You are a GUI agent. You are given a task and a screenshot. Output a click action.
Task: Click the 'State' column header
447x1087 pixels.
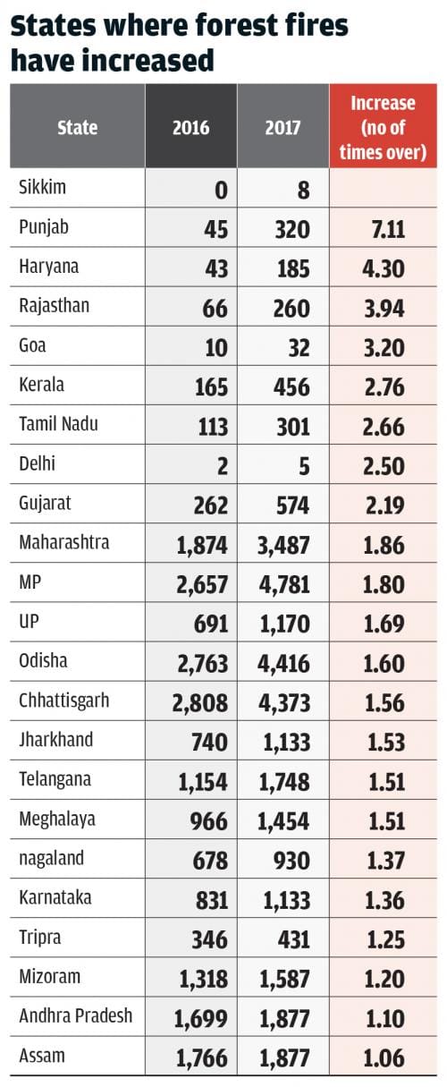click(78, 127)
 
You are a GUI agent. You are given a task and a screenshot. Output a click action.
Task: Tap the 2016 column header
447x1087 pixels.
click(191, 127)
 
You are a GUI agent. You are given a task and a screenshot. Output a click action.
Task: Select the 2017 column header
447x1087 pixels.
click(283, 127)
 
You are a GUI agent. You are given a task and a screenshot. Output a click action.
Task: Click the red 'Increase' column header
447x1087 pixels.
click(383, 127)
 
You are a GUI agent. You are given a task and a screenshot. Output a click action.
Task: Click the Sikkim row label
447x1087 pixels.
click(42, 187)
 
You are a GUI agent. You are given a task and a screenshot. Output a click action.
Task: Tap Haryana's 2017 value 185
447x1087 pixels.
click(293, 268)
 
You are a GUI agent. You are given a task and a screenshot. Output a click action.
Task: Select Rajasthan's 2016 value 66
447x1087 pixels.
click(215, 308)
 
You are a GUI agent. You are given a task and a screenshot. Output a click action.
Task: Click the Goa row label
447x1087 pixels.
click(32, 345)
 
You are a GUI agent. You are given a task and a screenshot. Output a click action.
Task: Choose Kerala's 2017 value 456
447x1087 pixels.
click(291, 387)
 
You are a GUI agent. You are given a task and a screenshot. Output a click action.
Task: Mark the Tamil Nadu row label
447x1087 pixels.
click(58, 424)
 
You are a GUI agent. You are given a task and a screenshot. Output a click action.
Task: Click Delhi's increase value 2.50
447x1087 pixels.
click(384, 466)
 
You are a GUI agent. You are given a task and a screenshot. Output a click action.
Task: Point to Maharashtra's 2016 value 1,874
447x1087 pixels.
click(202, 545)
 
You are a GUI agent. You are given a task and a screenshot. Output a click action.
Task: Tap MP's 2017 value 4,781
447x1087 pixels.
click(283, 584)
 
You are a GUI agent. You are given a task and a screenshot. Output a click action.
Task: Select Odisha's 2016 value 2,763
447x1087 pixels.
click(202, 663)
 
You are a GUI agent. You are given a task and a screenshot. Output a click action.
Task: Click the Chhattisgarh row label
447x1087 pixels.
click(64, 701)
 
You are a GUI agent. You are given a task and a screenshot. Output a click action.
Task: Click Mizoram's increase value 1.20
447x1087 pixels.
click(385, 979)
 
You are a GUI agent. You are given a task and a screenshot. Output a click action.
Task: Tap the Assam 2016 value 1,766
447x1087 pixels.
click(201, 1057)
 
